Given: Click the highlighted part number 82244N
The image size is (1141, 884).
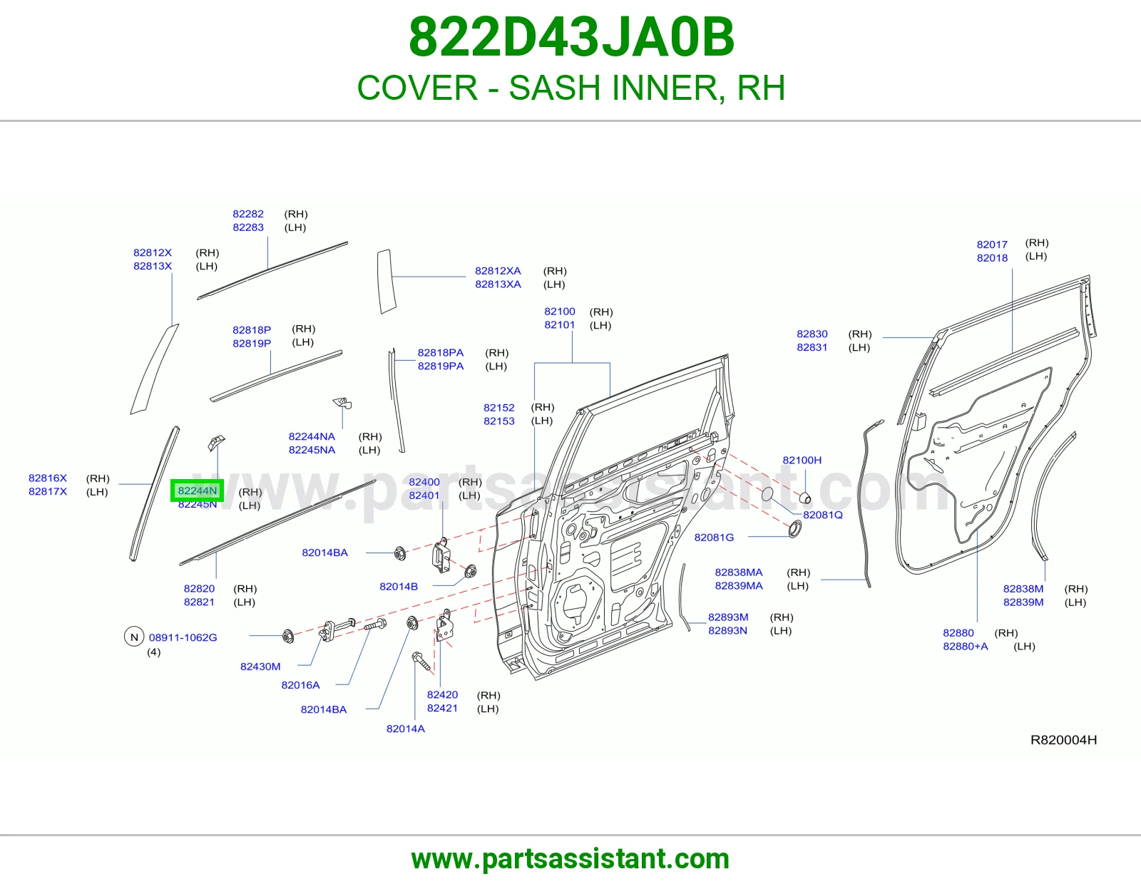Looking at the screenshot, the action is [197, 490].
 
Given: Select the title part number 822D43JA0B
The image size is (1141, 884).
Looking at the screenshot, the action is [571, 37].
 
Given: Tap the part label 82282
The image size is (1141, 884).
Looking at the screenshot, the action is [248, 214].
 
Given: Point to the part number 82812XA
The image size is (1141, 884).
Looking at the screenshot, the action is [498, 271].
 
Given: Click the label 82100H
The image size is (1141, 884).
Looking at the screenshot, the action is [802, 460].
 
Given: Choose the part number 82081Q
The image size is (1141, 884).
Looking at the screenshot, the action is [822, 515].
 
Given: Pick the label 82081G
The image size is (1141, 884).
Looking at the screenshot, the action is [714, 537].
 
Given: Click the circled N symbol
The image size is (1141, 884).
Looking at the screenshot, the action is [134, 637].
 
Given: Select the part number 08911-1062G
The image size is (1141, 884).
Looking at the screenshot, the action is [183, 637].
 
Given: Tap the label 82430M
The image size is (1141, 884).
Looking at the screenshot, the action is [260, 666].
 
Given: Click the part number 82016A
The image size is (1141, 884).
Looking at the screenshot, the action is [300, 684].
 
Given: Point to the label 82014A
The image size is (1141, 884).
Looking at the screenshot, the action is [405, 728].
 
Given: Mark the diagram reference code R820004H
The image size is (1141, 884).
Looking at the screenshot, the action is [1063, 740].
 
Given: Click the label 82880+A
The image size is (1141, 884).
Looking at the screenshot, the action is [965, 646].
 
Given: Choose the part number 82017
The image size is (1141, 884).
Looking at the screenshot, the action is [992, 244].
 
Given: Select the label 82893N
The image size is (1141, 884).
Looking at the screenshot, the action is [727, 630].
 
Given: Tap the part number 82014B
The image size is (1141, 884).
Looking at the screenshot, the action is [399, 586].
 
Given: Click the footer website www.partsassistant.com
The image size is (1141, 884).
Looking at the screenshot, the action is [570, 860].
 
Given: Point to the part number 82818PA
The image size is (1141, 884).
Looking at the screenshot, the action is [441, 353].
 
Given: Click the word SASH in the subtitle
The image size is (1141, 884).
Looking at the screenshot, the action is [554, 88].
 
